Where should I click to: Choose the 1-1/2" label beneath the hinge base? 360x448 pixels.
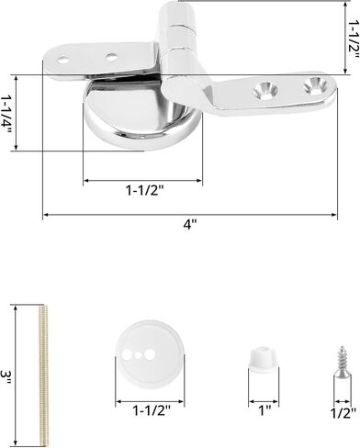coord(144,191)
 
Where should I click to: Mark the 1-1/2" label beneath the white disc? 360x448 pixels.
coord(144,410)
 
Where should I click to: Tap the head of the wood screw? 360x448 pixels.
coord(333,350)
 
